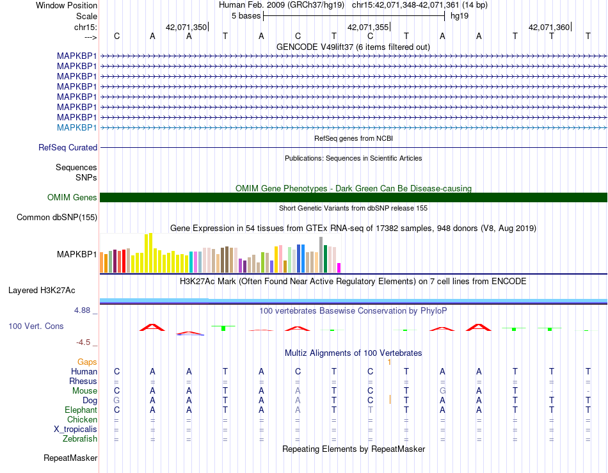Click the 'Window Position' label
(67, 5)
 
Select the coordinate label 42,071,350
(186, 27)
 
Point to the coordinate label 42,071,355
(368, 27)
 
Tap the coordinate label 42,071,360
(549, 27)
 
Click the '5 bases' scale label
(246, 16)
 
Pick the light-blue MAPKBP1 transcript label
(77, 127)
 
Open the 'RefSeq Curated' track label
(68, 147)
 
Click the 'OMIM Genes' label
(72, 197)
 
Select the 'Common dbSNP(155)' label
(57, 217)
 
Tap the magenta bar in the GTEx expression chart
(339, 268)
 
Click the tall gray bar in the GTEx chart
(321, 255)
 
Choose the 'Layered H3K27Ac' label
(42, 291)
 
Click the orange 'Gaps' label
(87, 362)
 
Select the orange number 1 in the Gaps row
(389, 362)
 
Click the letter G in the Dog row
(116, 400)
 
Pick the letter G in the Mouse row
(442, 391)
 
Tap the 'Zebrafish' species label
(80, 438)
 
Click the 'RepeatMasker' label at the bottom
(70, 458)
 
